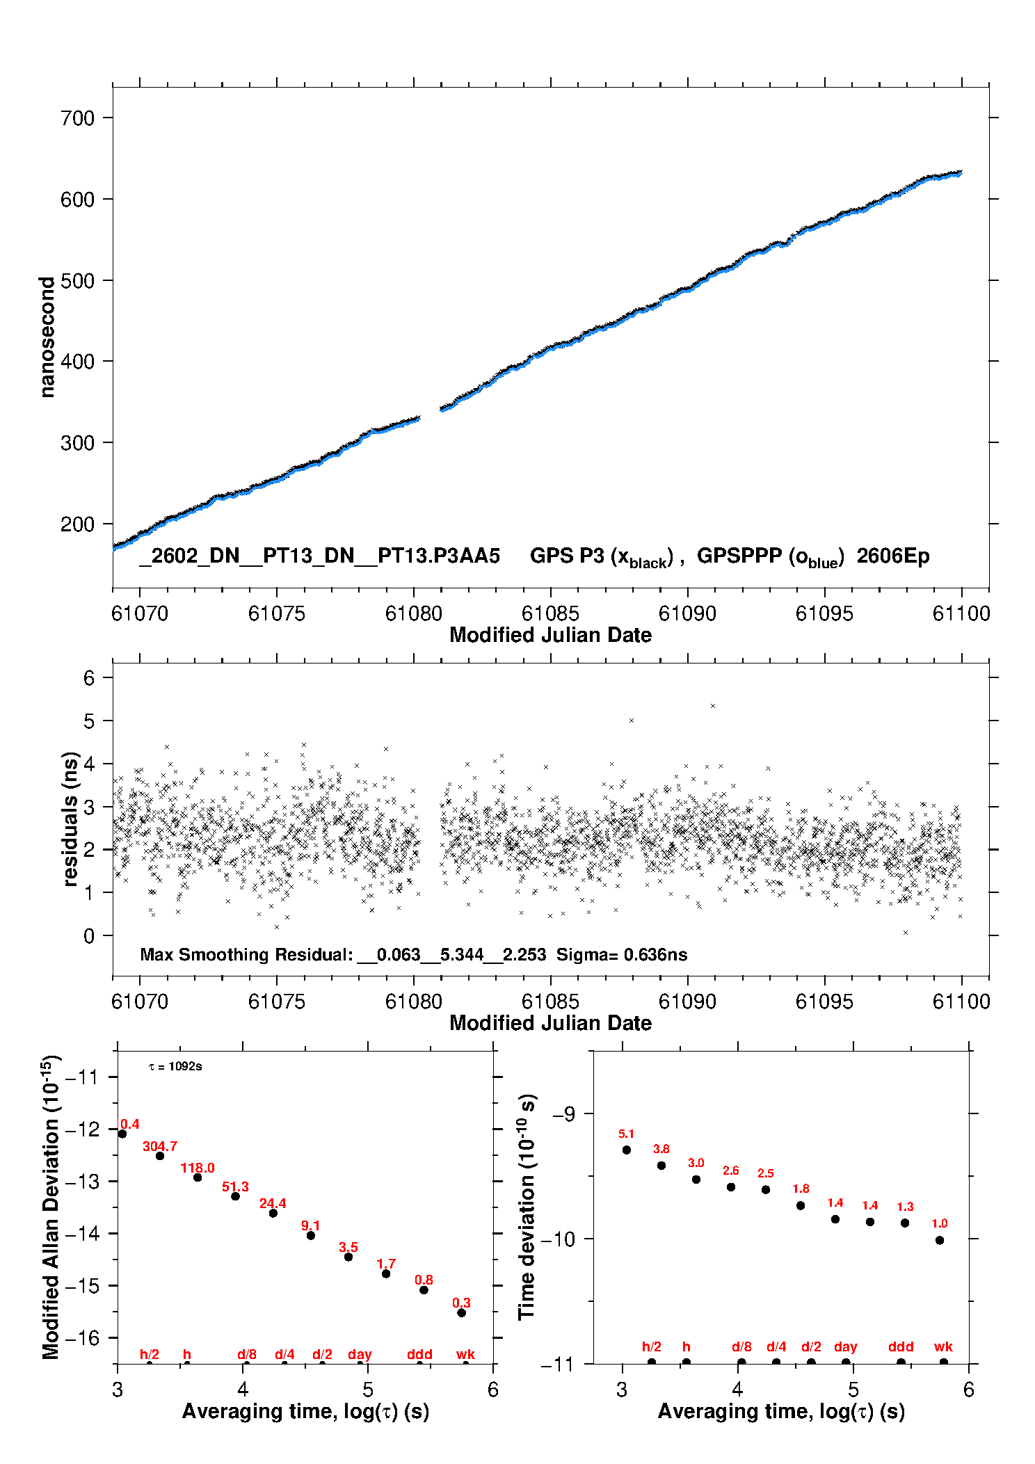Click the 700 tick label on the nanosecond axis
77,118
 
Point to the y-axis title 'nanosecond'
47,337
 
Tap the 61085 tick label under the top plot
549,613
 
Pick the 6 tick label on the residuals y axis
89,678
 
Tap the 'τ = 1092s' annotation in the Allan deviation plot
175,1066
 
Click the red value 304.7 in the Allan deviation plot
160,1146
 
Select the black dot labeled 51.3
235,1196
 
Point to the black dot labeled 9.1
311,1235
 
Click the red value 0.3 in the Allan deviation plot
461,1303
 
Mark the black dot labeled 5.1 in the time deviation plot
626,1150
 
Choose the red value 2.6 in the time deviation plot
730,1171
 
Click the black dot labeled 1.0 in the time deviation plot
939,1240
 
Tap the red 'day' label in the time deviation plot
845,1346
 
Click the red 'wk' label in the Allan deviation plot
465,1354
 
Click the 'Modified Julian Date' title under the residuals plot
550,1022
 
